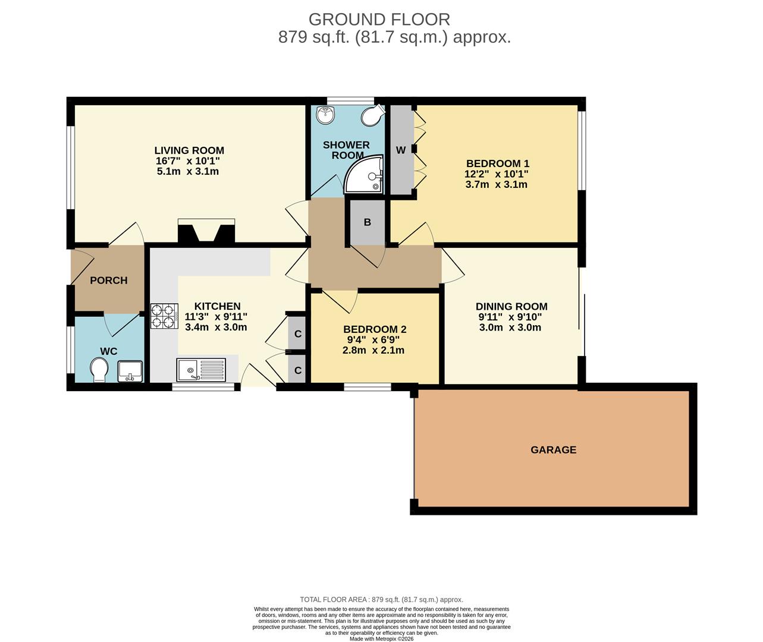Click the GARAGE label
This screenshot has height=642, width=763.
[x=553, y=449]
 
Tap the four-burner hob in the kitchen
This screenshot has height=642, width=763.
[x=164, y=316]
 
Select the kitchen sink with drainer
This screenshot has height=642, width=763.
[x=202, y=370]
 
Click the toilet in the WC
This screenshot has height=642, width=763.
[x=99, y=369]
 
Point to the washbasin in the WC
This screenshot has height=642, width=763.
[x=130, y=372]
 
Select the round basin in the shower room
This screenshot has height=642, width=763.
[x=325, y=115]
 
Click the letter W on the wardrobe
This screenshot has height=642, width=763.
[x=401, y=150]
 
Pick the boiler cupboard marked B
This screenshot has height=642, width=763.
[x=368, y=222]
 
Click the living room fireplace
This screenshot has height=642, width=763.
[x=206, y=231]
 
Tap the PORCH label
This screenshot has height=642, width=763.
[x=108, y=280]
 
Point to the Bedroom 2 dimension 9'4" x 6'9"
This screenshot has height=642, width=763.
[x=373, y=340]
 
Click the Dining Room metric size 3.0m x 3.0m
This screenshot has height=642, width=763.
[x=510, y=328]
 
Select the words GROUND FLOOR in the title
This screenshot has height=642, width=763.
[x=379, y=20]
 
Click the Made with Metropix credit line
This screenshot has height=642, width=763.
[x=382, y=638]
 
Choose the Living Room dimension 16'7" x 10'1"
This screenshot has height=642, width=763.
[x=188, y=160]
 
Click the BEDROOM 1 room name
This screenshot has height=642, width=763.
[x=498, y=163]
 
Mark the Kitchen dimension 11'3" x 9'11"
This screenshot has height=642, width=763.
[x=216, y=316]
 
